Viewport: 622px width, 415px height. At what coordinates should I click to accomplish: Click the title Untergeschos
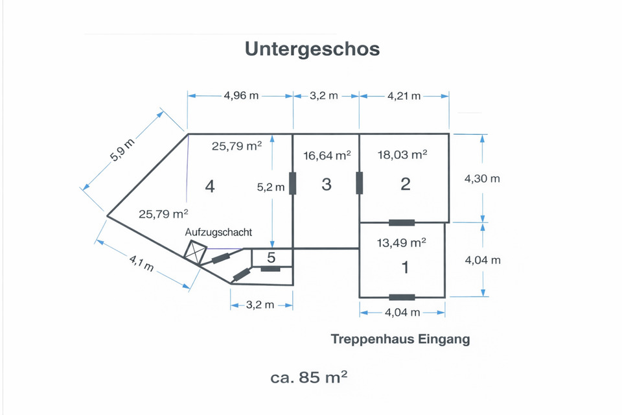312,49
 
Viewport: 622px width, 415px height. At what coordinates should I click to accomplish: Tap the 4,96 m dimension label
241,96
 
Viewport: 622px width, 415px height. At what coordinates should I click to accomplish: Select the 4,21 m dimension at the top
404,96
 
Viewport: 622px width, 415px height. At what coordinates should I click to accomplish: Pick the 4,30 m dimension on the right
482,178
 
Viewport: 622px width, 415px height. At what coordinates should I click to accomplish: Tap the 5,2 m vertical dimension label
271,187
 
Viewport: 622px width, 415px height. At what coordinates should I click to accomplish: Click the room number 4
209,187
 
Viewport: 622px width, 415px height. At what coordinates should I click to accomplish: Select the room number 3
327,184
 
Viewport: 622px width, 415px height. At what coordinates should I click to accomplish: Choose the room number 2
406,184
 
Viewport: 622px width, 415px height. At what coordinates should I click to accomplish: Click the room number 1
406,267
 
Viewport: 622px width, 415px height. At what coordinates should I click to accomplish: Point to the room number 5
271,257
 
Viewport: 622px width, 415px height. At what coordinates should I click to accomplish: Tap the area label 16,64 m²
327,155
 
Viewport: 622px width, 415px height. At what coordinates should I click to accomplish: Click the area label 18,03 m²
402,155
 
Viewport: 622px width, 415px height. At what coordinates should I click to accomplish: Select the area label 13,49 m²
402,243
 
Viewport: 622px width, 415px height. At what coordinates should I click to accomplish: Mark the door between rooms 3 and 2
360,184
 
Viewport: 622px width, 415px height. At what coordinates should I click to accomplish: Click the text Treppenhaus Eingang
400,339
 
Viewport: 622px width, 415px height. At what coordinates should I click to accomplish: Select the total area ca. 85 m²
309,377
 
